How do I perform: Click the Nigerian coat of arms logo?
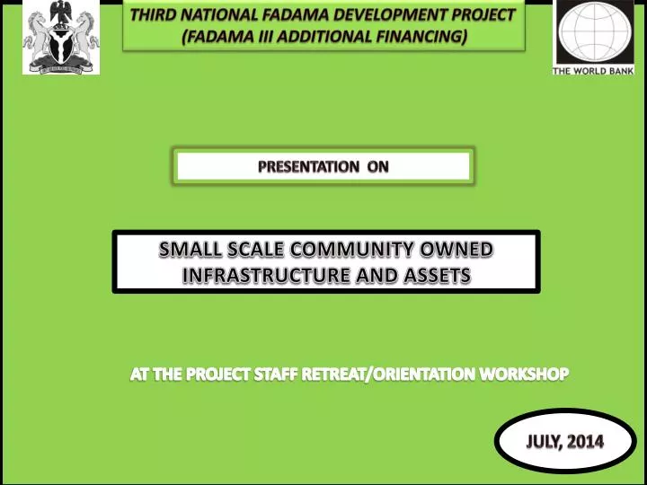point(61,37)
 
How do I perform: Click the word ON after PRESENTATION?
point(378,166)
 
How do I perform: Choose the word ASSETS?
point(435,276)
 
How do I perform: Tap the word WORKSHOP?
point(527,375)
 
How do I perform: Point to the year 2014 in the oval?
point(586,441)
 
